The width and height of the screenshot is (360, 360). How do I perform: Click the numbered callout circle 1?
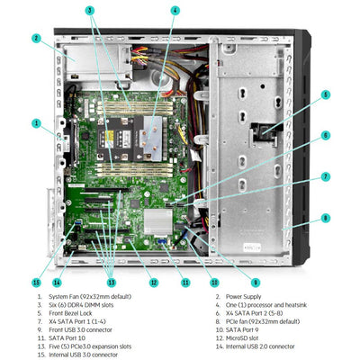(36, 122)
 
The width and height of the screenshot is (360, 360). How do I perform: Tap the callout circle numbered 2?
(36, 39)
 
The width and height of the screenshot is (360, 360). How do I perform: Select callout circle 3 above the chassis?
(90, 11)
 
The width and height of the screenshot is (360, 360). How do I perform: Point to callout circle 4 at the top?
(175, 11)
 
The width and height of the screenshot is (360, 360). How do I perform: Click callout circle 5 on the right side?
(326, 94)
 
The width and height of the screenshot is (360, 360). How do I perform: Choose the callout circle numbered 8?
(326, 218)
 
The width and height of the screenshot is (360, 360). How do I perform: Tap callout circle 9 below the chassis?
(256, 282)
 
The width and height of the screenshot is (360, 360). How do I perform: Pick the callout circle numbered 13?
(111, 282)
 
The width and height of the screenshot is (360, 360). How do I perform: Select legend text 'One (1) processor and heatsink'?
(274, 305)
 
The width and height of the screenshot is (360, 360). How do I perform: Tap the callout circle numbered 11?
(184, 282)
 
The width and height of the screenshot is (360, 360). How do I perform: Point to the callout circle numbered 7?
(326, 176)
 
